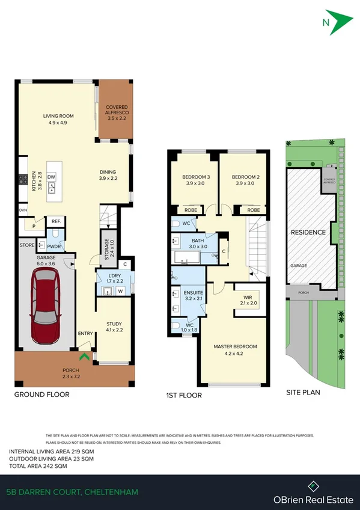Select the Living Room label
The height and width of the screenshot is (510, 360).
tap(58, 119)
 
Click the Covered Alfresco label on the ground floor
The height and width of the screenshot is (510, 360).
tap(117, 113)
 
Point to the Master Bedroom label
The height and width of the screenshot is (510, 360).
tap(235, 349)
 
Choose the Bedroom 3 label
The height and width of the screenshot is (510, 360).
tap(194, 180)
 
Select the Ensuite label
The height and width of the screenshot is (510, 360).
tap(193, 294)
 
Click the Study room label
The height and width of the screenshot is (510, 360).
tap(114, 326)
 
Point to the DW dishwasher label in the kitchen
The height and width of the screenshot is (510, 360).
tap(52, 177)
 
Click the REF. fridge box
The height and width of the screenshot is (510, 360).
tap(55, 221)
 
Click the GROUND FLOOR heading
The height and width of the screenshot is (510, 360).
tap(41, 395)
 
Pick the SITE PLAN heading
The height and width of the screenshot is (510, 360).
tap(303, 393)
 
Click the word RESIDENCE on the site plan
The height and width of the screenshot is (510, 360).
tap(308, 232)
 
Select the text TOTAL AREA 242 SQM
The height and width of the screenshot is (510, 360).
tap(38, 466)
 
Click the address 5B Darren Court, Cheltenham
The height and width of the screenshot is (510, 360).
tap(72, 492)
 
